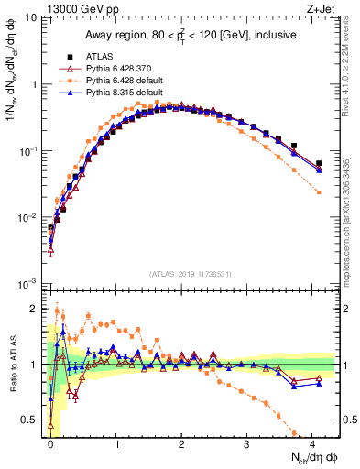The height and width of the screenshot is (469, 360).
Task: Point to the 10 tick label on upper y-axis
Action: click(x=29, y=17)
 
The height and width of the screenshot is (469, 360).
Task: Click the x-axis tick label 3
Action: click(x=247, y=443)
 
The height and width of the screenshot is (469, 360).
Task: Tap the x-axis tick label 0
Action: click(x=50, y=443)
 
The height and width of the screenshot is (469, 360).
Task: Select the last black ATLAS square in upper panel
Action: click(x=319, y=163)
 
